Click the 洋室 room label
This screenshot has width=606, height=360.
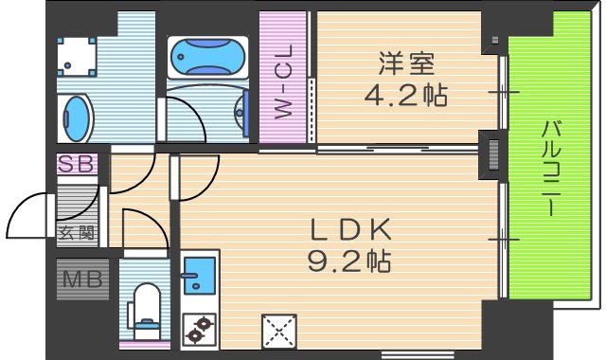[406, 63]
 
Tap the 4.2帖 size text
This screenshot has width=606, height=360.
[406, 96]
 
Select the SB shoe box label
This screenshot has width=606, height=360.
[78, 164]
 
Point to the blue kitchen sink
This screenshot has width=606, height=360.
[197, 276]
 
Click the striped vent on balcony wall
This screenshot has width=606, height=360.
[494, 155]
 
